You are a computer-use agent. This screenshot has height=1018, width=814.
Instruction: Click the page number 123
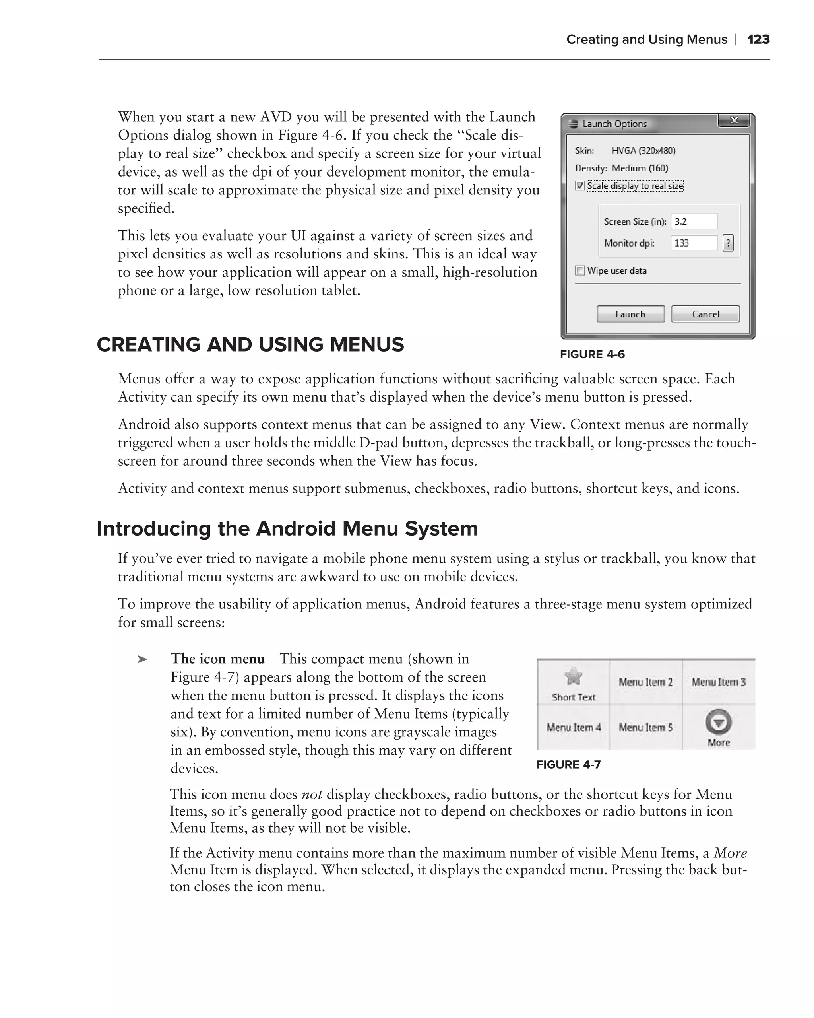coord(758,39)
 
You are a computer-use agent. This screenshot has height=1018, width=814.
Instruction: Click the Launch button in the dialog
coord(630,314)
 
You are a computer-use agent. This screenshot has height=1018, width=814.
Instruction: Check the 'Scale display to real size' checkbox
coord(580,186)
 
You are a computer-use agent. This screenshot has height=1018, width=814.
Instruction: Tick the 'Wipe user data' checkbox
coord(580,270)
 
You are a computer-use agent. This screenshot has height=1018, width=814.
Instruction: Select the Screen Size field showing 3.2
coord(694,221)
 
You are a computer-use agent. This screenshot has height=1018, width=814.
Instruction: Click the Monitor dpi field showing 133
coord(694,243)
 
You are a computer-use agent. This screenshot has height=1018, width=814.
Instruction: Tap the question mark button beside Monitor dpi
coord(728,243)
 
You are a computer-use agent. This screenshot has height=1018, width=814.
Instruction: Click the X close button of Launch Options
coord(734,121)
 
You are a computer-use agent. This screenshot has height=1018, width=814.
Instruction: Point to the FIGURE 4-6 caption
coord(592,355)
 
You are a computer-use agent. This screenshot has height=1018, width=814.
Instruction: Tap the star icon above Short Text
coord(574,676)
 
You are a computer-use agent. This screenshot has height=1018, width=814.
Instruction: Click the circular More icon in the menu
coord(718,722)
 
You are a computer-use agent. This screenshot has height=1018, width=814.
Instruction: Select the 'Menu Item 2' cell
coord(645,682)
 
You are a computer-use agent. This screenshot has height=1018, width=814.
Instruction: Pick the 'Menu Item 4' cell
coord(574,728)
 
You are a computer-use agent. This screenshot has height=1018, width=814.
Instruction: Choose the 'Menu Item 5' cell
coord(645,728)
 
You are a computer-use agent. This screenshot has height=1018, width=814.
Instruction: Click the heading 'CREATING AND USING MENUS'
coord(250,345)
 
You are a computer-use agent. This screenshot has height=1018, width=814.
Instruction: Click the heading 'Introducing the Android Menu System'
coord(287,529)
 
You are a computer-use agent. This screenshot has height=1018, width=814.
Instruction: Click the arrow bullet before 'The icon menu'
coord(142,659)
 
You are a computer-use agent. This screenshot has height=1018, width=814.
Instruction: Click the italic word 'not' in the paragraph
coord(312,795)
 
